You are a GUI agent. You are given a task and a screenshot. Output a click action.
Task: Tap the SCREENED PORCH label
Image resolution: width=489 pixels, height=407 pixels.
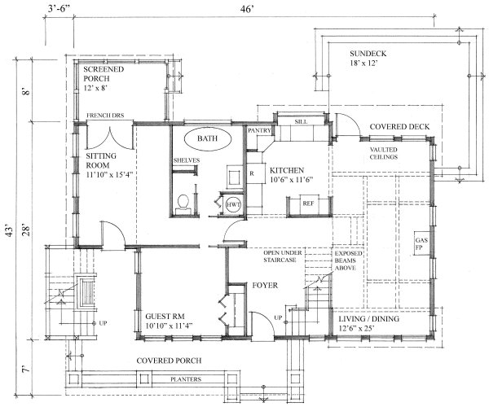tap(104, 76)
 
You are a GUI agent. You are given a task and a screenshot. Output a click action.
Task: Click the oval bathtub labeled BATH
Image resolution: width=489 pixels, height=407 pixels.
tap(206, 139)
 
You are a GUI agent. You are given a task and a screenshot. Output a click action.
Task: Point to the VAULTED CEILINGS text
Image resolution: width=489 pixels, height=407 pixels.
tap(383, 154)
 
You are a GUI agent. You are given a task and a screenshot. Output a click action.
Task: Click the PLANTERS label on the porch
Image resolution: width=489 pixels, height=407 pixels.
tap(185, 379)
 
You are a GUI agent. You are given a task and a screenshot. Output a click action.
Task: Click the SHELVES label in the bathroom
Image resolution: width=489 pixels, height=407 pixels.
tap(186, 160)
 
